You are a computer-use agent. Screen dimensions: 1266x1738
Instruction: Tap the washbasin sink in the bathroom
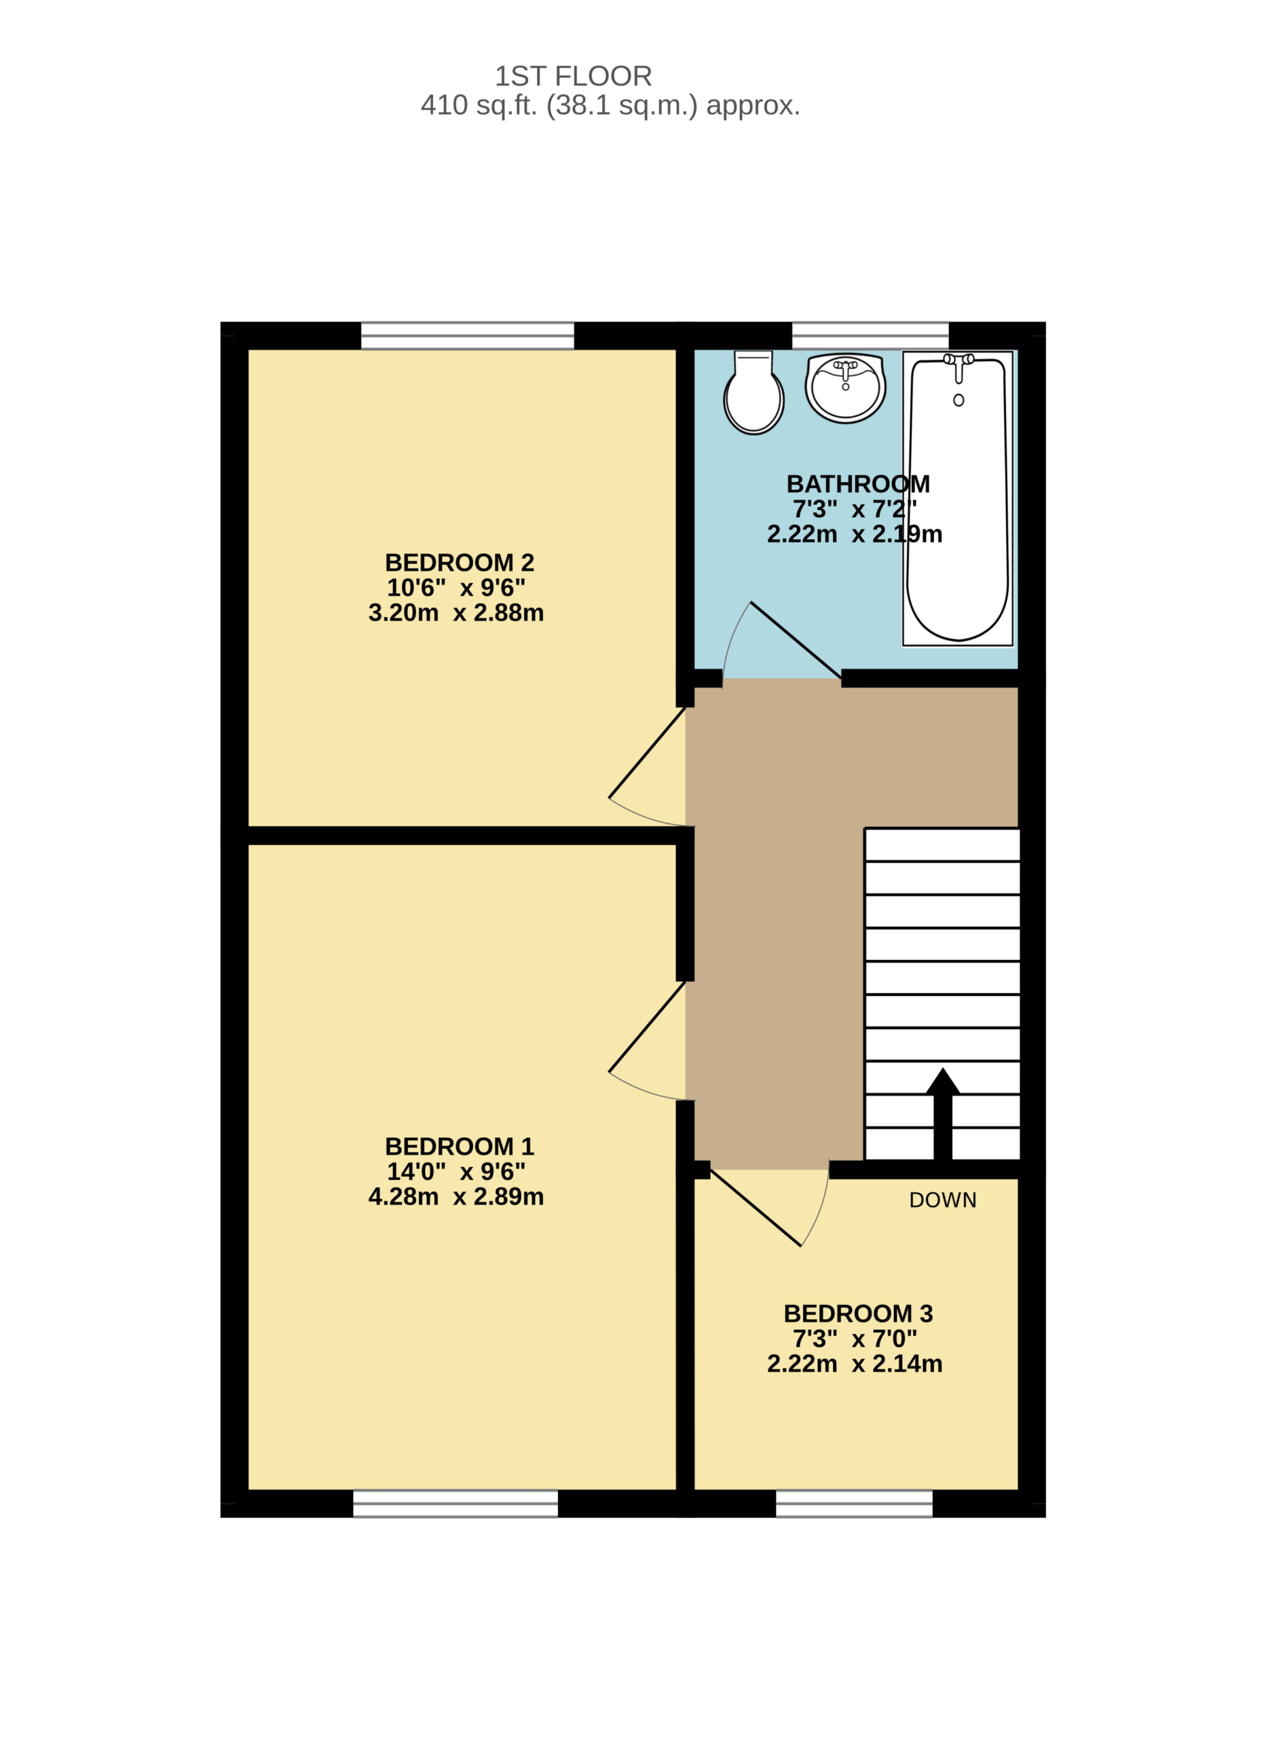(x=845, y=388)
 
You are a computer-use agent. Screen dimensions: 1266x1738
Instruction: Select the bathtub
(x=957, y=499)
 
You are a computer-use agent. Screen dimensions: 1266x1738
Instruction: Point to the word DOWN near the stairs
(x=943, y=1200)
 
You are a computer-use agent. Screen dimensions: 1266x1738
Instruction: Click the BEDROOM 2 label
(x=459, y=563)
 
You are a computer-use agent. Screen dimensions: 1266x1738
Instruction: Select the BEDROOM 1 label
(x=459, y=1147)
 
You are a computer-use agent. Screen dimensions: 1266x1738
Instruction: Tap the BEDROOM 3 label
(x=857, y=1314)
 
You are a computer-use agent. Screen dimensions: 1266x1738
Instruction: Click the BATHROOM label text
(x=857, y=483)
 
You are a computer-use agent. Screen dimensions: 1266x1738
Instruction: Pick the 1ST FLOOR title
(x=573, y=76)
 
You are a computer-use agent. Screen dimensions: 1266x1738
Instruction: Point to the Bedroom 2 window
(x=468, y=335)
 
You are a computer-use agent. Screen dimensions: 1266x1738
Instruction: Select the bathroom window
(x=870, y=335)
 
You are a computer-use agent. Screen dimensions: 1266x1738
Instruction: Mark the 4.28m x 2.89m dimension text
(x=456, y=1196)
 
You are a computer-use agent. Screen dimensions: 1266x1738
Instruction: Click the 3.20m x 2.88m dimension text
(x=456, y=612)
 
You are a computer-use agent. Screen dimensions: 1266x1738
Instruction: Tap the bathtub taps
(x=958, y=367)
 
